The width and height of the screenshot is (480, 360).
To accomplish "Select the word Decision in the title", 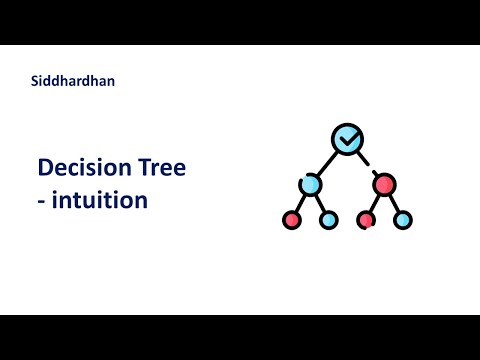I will tap(85, 168).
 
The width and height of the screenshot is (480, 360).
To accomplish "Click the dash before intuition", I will tap(41, 201).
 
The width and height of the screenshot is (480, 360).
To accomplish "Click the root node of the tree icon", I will tap(347, 139).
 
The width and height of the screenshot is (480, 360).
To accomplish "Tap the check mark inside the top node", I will tap(347, 139).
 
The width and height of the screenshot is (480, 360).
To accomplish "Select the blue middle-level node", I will tap(310, 184).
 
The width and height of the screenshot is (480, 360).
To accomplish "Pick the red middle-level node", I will tap(384, 184).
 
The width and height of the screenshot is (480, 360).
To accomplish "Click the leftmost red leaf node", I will tap(292, 219).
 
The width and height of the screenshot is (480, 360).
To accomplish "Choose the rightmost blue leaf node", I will tap(403, 219).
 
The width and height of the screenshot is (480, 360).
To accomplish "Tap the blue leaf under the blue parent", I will tap(328, 219).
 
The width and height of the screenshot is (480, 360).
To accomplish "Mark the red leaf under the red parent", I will tap(366, 219).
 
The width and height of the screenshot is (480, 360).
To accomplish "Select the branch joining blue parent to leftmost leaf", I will tap(300, 203).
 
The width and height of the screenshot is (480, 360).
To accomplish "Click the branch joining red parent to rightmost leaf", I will tap(394, 203).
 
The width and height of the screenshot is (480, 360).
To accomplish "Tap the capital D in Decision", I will tap(45, 168).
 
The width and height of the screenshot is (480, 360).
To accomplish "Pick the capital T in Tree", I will tap(145, 168).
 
